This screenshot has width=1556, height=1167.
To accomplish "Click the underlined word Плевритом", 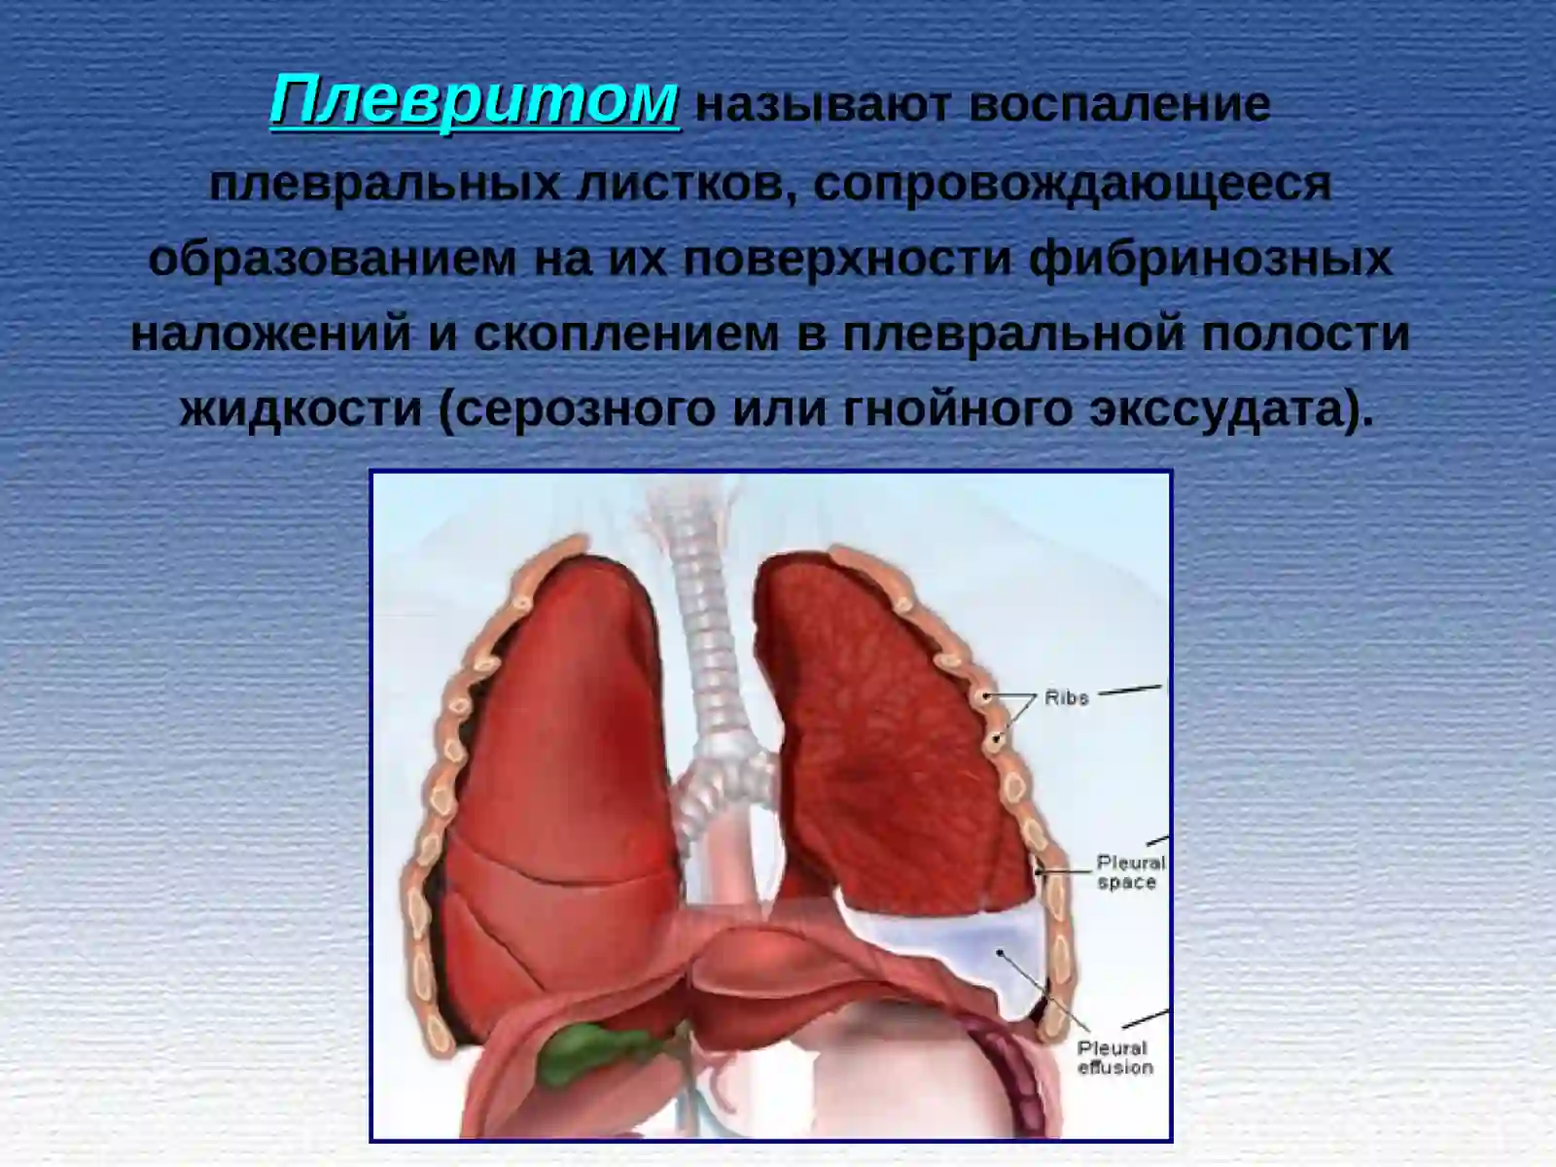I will pos(475,100).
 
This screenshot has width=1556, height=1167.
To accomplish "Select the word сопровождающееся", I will pos(1072,183).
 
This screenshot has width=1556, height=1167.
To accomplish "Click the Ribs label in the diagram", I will pos(1066,697).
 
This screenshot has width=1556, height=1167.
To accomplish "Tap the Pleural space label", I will pos(1129,872).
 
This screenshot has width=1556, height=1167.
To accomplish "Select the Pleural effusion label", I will pos(1114,1057).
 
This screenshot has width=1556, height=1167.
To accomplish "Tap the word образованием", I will pos(333,259).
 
